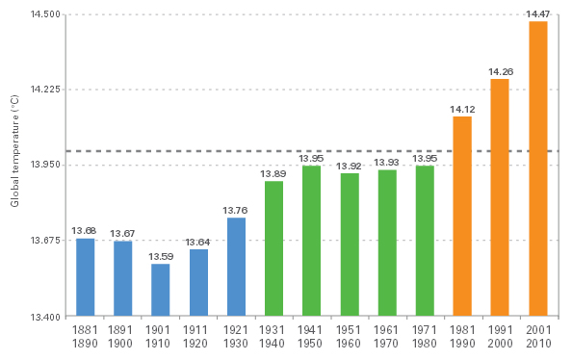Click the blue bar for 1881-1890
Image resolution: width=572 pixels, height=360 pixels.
click(x=85, y=277)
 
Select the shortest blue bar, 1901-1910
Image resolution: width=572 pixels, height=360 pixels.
click(x=160, y=290)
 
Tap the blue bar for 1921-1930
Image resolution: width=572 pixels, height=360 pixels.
click(x=236, y=267)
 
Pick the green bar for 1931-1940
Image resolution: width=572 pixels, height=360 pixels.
click(x=273, y=248)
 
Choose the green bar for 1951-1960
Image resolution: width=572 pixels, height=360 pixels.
click(x=349, y=244)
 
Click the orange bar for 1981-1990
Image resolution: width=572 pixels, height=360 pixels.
click(x=462, y=217)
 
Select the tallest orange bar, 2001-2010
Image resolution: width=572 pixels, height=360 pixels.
click(x=537, y=168)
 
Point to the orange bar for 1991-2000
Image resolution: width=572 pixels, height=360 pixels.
click(x=500, y=197)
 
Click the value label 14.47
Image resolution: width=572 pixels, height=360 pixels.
click(x=537, y=13)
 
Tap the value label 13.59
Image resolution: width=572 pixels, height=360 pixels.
click(x=160, y=257)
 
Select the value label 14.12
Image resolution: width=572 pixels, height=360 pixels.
click(x=462, y=109)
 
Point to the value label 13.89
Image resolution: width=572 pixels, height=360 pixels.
click(x=273, y=173)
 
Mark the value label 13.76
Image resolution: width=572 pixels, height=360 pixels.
click(x=236, y=211)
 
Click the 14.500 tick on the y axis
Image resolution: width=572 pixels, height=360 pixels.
click(x=45, y=15)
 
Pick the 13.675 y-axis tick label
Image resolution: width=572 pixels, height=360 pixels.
click(x=45, y=241)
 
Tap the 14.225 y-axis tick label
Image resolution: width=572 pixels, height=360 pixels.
click(x=45, y=90)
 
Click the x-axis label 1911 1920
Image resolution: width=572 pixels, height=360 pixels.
click(x=198, y=337)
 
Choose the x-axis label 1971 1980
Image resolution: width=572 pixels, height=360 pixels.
click(x=425, y=337)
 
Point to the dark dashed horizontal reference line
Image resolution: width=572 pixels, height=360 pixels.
click(x=308, y=151)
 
